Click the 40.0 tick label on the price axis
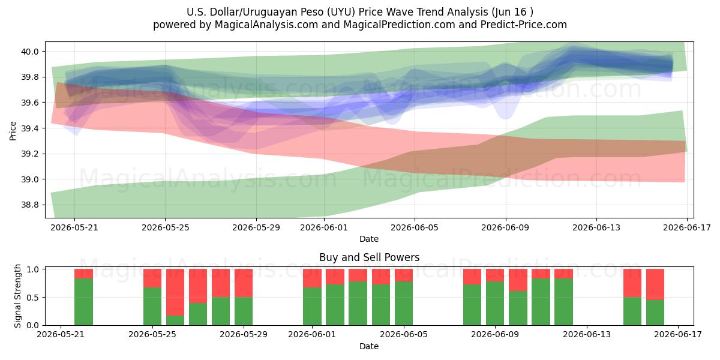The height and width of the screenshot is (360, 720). click(29, 52)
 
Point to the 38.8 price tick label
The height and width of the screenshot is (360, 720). click(29, 205)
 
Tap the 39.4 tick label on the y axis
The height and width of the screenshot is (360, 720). click(29, 128)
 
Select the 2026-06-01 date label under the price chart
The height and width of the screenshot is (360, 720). click(323, 227)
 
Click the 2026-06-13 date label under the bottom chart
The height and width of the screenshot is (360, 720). click(587, 334)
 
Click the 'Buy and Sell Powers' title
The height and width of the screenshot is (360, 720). click(370, 257)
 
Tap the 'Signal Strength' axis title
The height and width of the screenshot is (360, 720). click(17, 296)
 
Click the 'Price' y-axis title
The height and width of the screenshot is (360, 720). click(13, 131)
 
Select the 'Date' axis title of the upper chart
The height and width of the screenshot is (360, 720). click(369, 239)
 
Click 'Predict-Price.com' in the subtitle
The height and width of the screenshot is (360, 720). click(524, 25)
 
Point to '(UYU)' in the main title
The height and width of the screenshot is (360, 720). click(341, 12)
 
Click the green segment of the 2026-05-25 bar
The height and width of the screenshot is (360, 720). click(152, 307)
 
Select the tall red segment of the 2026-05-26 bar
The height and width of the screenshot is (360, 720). click(175, 292)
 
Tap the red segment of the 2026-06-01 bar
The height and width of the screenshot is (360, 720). click(312, 278)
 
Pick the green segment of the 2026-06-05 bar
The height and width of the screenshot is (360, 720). click(404, 304)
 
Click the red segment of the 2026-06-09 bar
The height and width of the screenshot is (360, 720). click(495, 275)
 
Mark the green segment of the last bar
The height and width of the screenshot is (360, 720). click(655, 313)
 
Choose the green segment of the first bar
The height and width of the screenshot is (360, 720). click(83, 302)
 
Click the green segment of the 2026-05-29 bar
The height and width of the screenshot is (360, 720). click(244, 311)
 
